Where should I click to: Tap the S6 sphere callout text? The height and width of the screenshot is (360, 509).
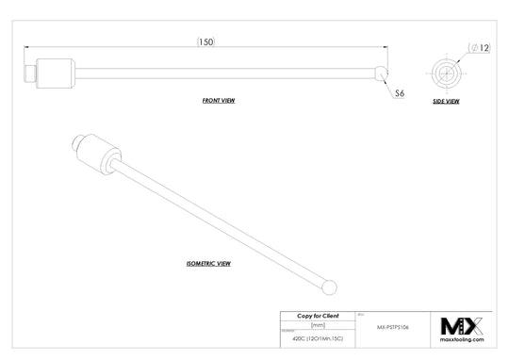click(399, 94)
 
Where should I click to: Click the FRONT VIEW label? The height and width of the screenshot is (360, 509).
click(219, 99)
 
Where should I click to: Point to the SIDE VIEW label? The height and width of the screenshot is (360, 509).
click(445, 101)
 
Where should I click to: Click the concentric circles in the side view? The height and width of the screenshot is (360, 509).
click(444, 72)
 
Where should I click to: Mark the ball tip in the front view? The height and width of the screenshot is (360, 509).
click(380, 72)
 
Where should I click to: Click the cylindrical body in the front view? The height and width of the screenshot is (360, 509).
click(57, 72)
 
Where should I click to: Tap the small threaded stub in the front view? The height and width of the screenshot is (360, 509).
click(28, 72)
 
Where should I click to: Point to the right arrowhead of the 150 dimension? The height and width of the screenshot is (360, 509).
click(385, 43)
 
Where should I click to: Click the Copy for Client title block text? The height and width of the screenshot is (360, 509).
click(317, 316)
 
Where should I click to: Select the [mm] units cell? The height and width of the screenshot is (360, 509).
click(317, 325)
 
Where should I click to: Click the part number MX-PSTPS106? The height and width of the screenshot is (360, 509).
click(393, 327)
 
